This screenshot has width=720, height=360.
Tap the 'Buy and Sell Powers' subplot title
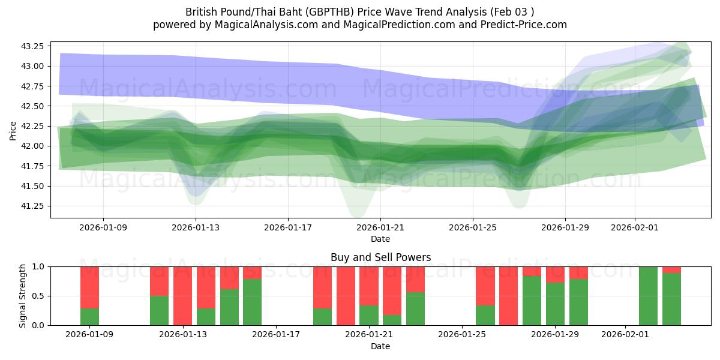click(x=380, y=257)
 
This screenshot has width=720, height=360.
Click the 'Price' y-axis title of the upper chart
click(x=13, y=130)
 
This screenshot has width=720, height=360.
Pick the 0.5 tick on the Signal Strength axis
click(x=39, y=296)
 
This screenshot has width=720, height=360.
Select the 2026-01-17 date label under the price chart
click(x=288, y=227)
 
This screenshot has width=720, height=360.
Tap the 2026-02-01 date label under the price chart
click(x=635, y=227)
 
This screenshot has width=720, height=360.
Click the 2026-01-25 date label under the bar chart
click(x=462, y=335)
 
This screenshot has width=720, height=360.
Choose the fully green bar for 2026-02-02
click(x=648, y=296)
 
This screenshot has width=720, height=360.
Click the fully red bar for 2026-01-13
click(x=182, y=296)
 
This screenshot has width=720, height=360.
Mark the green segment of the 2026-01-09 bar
click(x=89, y=317)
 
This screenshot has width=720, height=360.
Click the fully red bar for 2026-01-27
click(x=508, y=296)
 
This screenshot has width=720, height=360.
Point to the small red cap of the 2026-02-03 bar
click(x=671, y=269)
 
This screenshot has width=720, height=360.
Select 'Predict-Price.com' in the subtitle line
click(x=525, y=25)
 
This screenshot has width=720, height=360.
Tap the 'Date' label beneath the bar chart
click(x=380, y=346)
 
